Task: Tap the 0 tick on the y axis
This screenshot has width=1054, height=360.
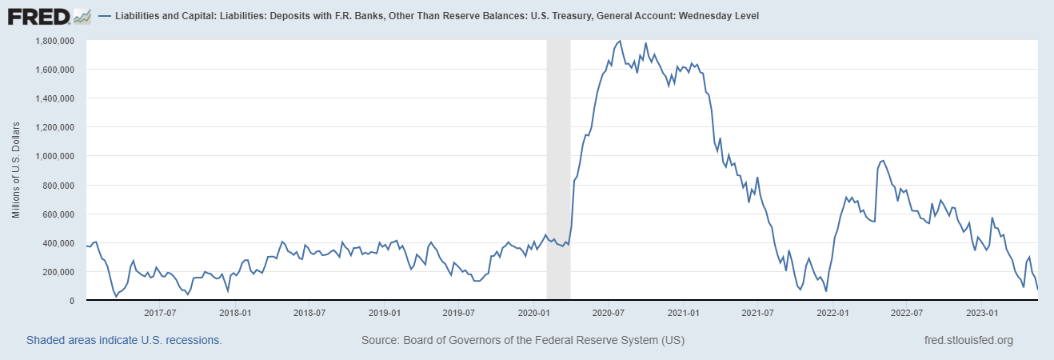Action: tap(72, 301)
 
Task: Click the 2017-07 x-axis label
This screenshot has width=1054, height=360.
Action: tap(159, 313)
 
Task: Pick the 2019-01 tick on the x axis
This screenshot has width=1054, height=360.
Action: tap(385, 313)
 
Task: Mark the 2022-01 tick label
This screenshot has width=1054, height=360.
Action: tap(832, 313)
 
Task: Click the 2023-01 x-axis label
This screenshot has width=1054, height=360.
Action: tap(982, 313)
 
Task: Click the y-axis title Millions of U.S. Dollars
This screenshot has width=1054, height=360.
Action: tap(16, 170)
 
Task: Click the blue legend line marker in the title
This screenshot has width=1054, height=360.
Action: tap(106, 16)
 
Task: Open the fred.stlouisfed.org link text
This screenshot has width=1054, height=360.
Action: tap(968, 340)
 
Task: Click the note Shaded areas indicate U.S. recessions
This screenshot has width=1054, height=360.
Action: tap(124, 340)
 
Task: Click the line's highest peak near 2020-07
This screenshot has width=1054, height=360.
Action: tap(620, 41)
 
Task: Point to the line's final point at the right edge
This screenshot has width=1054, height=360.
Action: tap(1037, 289)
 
